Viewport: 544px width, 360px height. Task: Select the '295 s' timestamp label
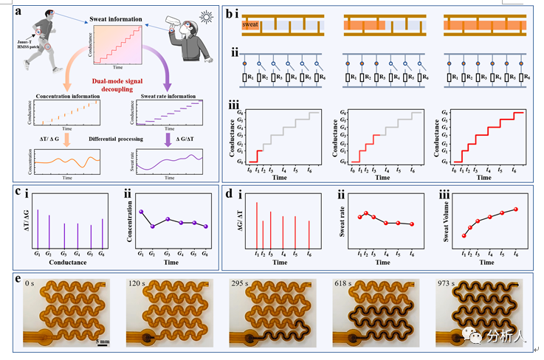(x=239, y=283)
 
